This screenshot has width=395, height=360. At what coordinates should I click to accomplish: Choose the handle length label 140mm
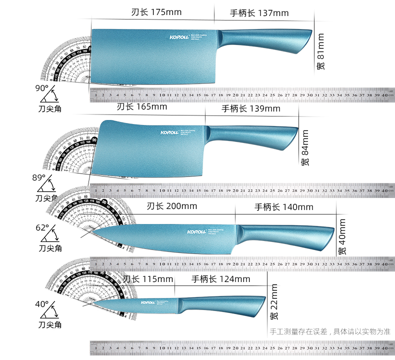click(283, 207)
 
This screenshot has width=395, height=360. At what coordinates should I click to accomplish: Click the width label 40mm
click(341, 237)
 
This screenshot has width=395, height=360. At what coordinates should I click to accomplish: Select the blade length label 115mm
click(148, 279)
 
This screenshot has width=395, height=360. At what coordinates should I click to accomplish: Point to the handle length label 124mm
click(220, 279)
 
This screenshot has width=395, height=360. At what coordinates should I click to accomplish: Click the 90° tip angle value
click(42, 88)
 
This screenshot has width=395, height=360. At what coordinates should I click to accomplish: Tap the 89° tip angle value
click(39, 177)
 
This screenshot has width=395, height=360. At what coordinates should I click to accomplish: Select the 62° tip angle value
click(42, 227)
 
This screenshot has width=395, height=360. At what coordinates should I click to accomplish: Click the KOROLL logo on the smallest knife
click(147, 302)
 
